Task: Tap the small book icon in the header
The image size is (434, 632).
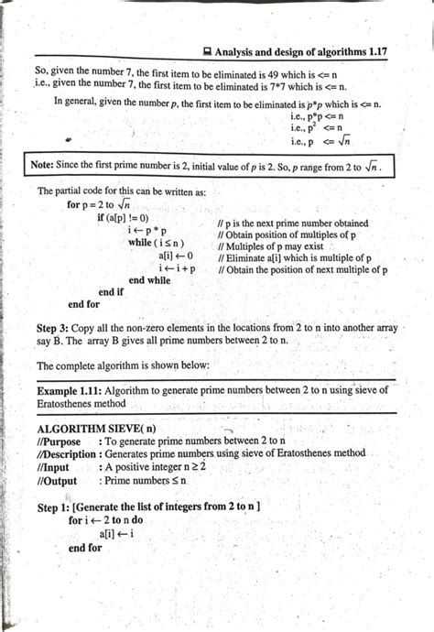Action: [x=208, y=54]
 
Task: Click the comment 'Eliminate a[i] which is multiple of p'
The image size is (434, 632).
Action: [x=294, y=259]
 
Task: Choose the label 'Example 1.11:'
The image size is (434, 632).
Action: [x=73, y=389]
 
